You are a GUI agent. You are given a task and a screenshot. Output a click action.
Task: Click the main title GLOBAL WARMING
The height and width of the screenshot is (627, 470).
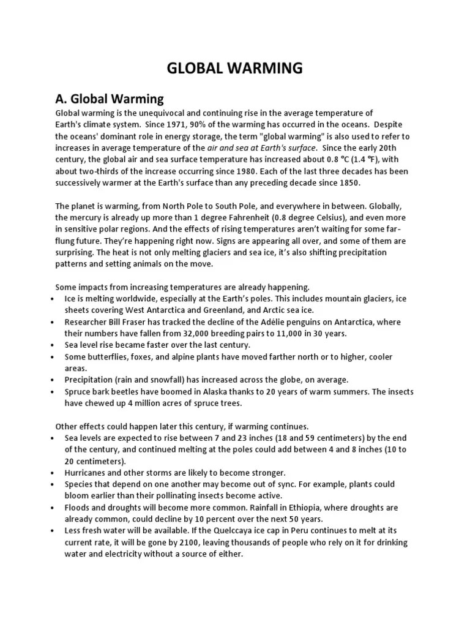click(x=235, y=68)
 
